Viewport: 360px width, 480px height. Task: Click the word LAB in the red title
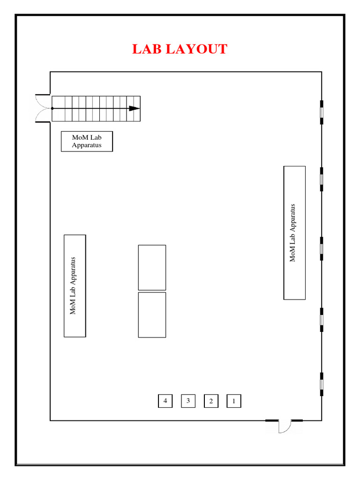click(x=147, y=49)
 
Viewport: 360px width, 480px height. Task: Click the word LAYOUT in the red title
click(x=196, y=49)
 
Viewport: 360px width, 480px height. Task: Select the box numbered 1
click(x=234, y=401)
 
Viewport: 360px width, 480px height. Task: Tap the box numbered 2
click(x=211, y=401)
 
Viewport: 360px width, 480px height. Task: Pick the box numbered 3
click(x=188, y=401)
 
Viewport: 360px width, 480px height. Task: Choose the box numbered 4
click(x=165, y=401)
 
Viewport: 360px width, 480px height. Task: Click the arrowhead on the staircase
click(x=135, y=108)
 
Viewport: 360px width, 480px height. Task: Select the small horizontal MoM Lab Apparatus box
click(x=87, y=142)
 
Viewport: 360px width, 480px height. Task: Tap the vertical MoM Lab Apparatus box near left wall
click(x=75, y=286)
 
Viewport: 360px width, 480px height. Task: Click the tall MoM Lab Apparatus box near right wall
click(x=294, y=232)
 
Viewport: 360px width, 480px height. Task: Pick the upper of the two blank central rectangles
click(x=152, y=268)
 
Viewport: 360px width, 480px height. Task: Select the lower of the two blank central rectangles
click(x=152, y=315)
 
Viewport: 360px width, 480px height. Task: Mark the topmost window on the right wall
click(x=322, y=112)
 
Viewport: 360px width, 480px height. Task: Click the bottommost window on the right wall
click(x=322, y=384)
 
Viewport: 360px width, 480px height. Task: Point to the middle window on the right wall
click(x=322, y=248)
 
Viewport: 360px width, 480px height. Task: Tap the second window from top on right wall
click(x=322, y=180)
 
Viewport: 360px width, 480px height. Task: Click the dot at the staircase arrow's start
click(x=52, y=108)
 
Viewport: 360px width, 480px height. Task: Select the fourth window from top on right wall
click(x=322, y=320)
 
